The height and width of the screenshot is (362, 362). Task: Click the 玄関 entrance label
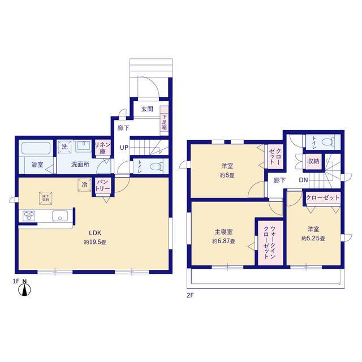(146, 109)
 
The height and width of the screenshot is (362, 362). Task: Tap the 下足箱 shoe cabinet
(164, 119)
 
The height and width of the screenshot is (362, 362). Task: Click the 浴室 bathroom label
(37, 165)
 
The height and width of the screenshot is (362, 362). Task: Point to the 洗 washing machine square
(64, 146)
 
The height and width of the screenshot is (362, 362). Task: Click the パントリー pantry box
(102, 185)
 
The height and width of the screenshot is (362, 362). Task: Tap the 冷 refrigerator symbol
(84, 184)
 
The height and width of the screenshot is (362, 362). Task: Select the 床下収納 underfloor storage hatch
(45, 198)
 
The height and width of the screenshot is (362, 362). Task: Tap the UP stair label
(123, 148)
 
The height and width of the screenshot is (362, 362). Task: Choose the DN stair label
(303, 180)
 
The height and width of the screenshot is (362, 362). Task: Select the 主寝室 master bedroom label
(224, 232)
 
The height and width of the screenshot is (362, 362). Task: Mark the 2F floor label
(190, 295)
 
